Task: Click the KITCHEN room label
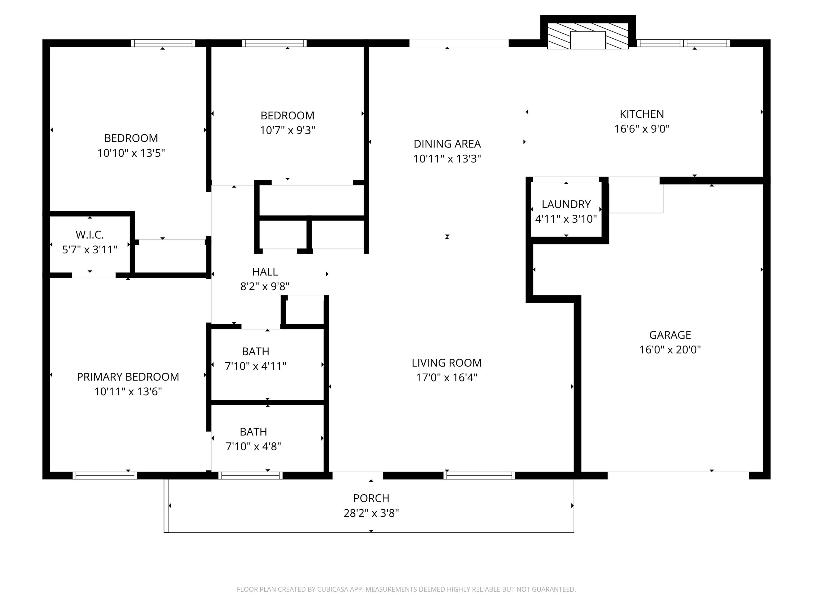coord(642,114)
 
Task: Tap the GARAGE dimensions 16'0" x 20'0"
coord(670,350)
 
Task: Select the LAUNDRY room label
coord(566,204)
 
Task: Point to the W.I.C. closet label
coord(90,235)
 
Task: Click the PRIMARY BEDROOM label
coord(128,377)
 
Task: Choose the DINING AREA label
coord(447,144)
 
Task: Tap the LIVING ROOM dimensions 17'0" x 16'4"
coord(446,378)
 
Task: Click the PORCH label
coord(371,498)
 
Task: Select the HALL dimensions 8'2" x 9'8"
coord(265,286)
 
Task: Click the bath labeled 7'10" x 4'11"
coord(255,359)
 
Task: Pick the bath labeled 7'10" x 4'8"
coord(253,439)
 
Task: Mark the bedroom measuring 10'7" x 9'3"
coord(287,123)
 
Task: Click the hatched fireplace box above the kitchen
coord(588,36)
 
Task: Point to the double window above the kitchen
coord(683,43)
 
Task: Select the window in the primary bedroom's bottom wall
coord(105,476)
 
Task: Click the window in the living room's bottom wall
coord(479,476)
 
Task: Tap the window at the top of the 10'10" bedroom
coord(163,43)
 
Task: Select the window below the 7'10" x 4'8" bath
coord(251,476)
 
